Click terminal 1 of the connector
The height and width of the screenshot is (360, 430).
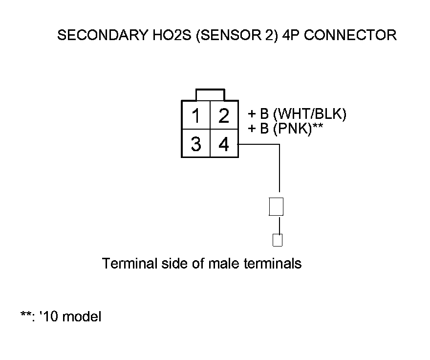point(196,116)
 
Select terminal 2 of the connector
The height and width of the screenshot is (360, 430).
point(224,116)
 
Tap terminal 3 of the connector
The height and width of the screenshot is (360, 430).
point(196,144)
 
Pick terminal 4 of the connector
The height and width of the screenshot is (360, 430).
point(224,144)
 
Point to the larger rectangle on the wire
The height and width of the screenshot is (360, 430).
point(277,207)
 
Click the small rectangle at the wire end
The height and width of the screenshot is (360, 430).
point(278,240)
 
